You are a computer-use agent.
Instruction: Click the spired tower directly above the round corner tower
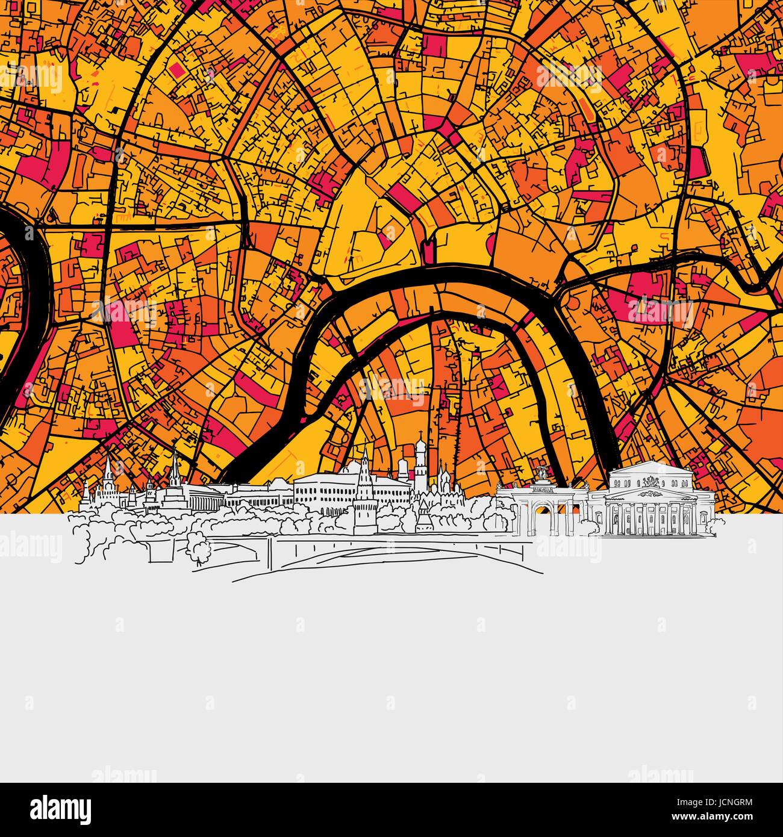coord(364,470)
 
